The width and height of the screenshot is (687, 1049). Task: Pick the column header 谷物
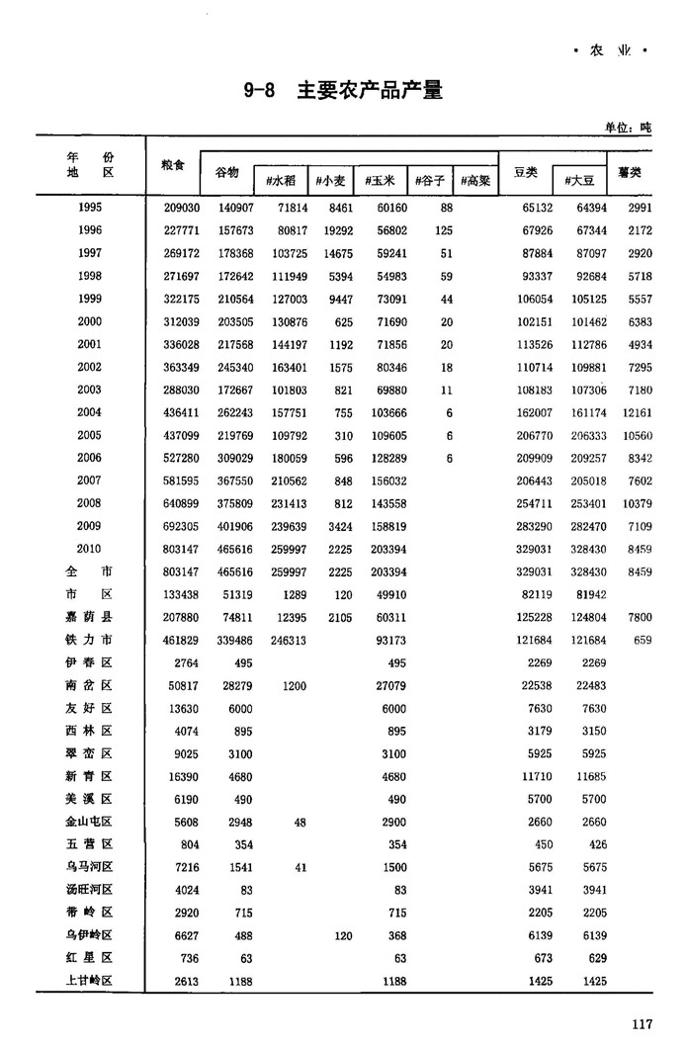pyautogui.click(x=226, y=172)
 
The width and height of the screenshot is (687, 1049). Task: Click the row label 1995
pyautogui.click(x=90, y=208)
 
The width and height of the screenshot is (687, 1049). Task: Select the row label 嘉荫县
pyautogui.click(x=90, y=617)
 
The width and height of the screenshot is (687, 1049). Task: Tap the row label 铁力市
pyautogui.click(x=90, y=640)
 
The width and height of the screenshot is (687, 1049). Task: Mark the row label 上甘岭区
pyautogui.click(x=90, y=981)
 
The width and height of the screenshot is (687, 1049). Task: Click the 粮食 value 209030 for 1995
pyautogui.click(x=181, y=208)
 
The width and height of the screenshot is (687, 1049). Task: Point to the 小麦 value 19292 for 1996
pyautogui.click(x=333, y=230)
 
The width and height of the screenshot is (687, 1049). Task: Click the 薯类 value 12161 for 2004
pyautogui.click(x=638, y=412)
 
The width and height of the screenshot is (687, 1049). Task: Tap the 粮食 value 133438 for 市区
pyautogui.click(x=181, y=594)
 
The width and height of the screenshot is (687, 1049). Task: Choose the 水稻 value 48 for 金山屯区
pyautogui.click(x=300, y=822)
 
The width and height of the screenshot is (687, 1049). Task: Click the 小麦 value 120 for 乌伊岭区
pyautogui.click(x=342, y=935)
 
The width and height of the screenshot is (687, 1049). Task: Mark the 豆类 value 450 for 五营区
pyautogui.click(x=544, y=844)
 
